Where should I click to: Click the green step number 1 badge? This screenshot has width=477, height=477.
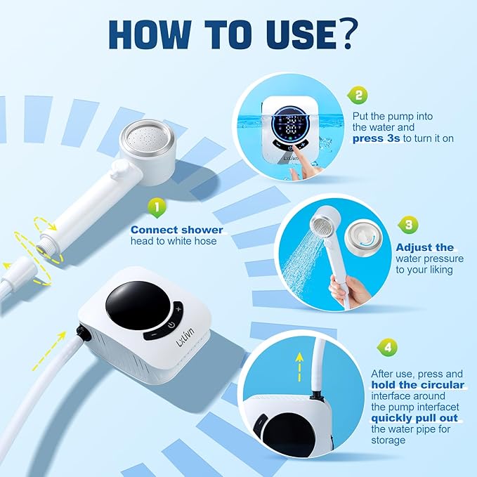coord(157,208)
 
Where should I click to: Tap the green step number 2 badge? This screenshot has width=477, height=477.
coord(358,96)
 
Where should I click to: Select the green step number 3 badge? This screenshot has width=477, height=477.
coord(408,225)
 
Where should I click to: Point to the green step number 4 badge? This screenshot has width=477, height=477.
coord(388,347)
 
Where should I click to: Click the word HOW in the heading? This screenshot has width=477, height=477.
coord(150,34)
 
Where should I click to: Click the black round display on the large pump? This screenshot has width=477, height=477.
coord(137,305)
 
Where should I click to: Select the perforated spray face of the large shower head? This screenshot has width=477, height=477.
coord(148,138)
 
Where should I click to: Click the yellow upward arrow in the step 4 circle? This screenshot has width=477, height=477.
coord(300,367)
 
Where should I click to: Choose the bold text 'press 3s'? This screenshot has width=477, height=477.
coord(376,138)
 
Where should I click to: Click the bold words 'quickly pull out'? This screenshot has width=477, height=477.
coord(414,418)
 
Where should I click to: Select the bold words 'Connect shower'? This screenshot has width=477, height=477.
coord(177,230)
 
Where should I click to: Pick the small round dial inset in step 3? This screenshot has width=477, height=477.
coord(363,239)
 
